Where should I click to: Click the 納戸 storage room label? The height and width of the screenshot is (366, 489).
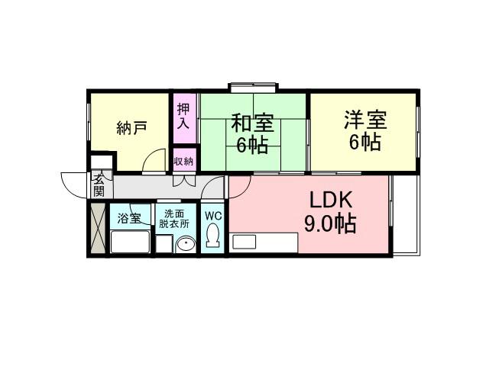[x=131, y=127]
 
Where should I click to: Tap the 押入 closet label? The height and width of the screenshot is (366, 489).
[x=183, y=117]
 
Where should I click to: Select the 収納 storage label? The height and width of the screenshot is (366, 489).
[x=183, y=161]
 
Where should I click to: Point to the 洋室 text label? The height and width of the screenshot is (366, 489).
[x=364, y=120]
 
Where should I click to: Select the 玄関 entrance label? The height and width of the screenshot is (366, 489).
[x=100, y=185]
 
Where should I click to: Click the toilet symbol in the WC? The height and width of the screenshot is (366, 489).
[x=213, y=236]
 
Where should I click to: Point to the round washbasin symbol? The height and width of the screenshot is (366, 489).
[x=186, y=244]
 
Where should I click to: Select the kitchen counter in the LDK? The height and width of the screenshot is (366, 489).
[x=264, y=242]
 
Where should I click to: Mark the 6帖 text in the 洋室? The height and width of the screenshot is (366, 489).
[x=364, y=143]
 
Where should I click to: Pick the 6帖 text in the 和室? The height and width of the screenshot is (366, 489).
[x=252, y=145]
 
